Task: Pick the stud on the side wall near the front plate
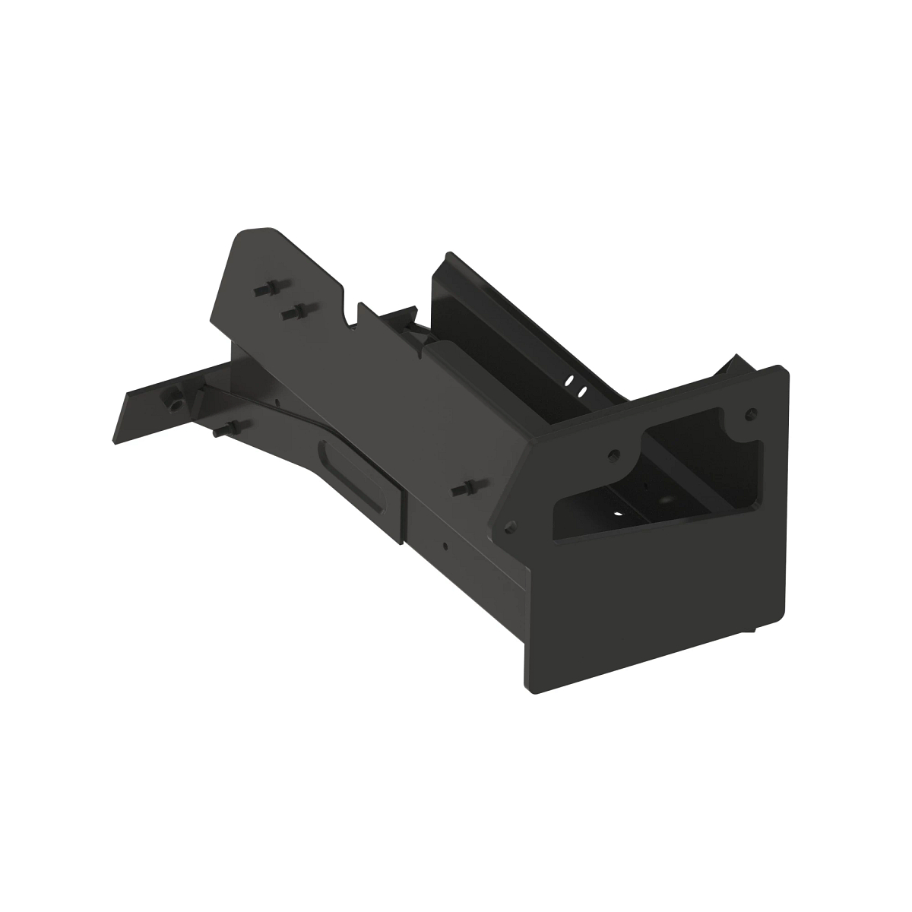coord(462,488)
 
